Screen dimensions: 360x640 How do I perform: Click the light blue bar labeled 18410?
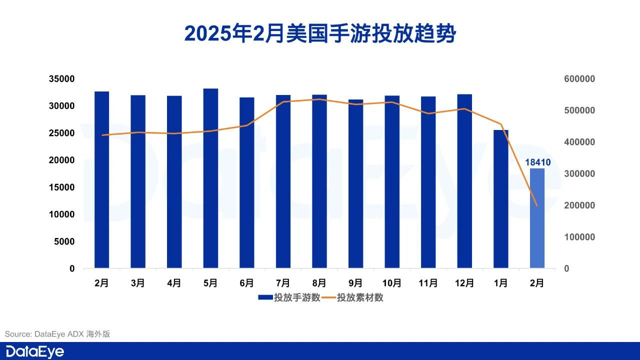point(537,218)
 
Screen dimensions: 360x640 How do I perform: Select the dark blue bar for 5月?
point(210,178)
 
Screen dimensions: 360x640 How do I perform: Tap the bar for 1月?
point(501,199)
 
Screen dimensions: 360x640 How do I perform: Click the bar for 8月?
point(319,181)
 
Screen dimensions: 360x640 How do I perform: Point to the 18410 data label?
point(537,162)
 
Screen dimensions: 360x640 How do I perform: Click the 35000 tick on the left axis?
point(62,79)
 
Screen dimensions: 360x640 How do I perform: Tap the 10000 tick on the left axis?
point(62,214)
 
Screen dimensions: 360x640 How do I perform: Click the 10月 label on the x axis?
point(392,283)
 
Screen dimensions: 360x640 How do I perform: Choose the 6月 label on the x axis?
point(247,283)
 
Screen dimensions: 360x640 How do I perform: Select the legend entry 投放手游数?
point(290,297)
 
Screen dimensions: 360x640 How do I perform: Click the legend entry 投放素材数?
point(353,297)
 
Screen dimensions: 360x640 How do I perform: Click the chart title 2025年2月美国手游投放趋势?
point(320,33)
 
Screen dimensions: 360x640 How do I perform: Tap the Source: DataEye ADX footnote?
point(57,334)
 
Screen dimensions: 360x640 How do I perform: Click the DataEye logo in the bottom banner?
point(35,351)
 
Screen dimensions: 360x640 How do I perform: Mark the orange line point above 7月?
point(283,102)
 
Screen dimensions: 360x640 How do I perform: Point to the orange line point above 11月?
point(428,113)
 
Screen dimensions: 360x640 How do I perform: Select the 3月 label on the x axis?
point(138,283)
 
